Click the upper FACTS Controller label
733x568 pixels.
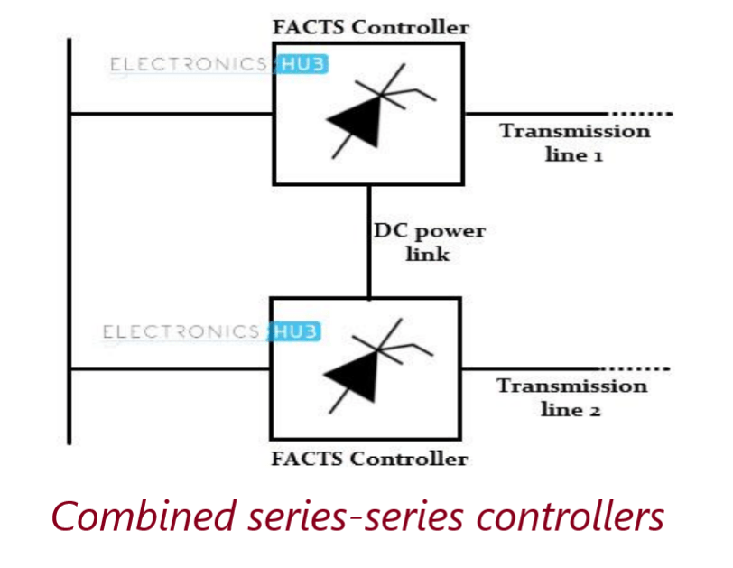pos(370,26)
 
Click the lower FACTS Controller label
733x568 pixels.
pos(369,459)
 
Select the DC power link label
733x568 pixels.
pos(429,242)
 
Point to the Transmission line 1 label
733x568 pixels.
pos(574,143)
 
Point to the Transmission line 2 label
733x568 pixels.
pos(571,397)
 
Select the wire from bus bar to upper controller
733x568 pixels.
pos(172,114)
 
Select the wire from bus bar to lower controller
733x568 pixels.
pos(170,368)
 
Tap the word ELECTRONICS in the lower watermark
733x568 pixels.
pos(181,332)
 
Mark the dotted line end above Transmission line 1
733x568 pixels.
pos(641,114)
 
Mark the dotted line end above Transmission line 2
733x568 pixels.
pos(637,368)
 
